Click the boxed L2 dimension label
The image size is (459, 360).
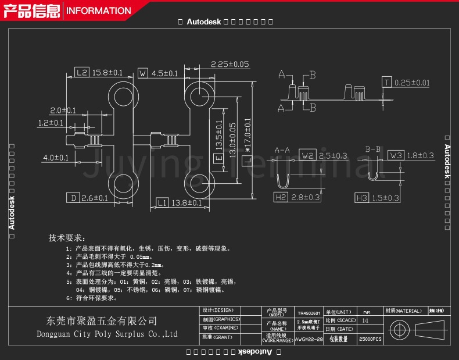pos(82,73)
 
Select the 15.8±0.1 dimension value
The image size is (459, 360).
pos(107,73)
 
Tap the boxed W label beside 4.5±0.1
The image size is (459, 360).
pos(142,73)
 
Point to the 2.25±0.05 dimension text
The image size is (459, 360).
pos(229,64)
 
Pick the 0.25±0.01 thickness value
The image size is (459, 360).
pos(413,83)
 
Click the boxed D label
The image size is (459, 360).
pos(73,198)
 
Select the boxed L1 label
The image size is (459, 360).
pos(162,202)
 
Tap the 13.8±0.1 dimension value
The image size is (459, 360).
pos(187,202)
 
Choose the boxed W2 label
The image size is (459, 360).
pos(308,155)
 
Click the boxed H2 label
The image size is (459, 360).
pos(281,198)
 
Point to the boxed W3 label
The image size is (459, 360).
pos(396,155)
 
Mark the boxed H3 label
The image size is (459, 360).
pos(362,198)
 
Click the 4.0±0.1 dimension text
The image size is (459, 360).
pos(56,158)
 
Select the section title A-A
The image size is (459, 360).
pos(282,149)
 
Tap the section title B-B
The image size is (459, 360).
pos(372,149)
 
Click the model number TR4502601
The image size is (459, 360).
pos(308,312)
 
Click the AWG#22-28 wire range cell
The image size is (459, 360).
pos(309,338)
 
